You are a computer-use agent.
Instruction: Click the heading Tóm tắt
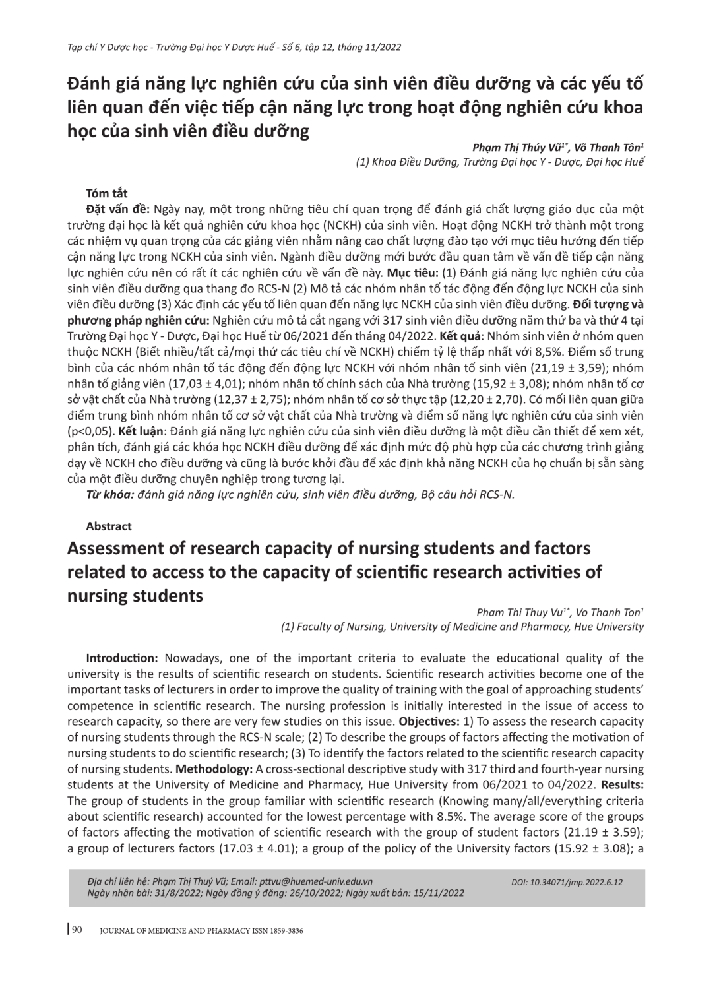(107, 193)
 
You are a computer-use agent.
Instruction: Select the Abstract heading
(109, 526)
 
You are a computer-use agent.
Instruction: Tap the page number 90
(77, 930)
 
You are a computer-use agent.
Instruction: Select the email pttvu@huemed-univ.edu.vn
(316, 881)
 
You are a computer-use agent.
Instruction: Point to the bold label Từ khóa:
(109, 494)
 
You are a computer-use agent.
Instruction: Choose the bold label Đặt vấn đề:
(118, 209)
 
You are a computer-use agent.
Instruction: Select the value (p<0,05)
(92, 431)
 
